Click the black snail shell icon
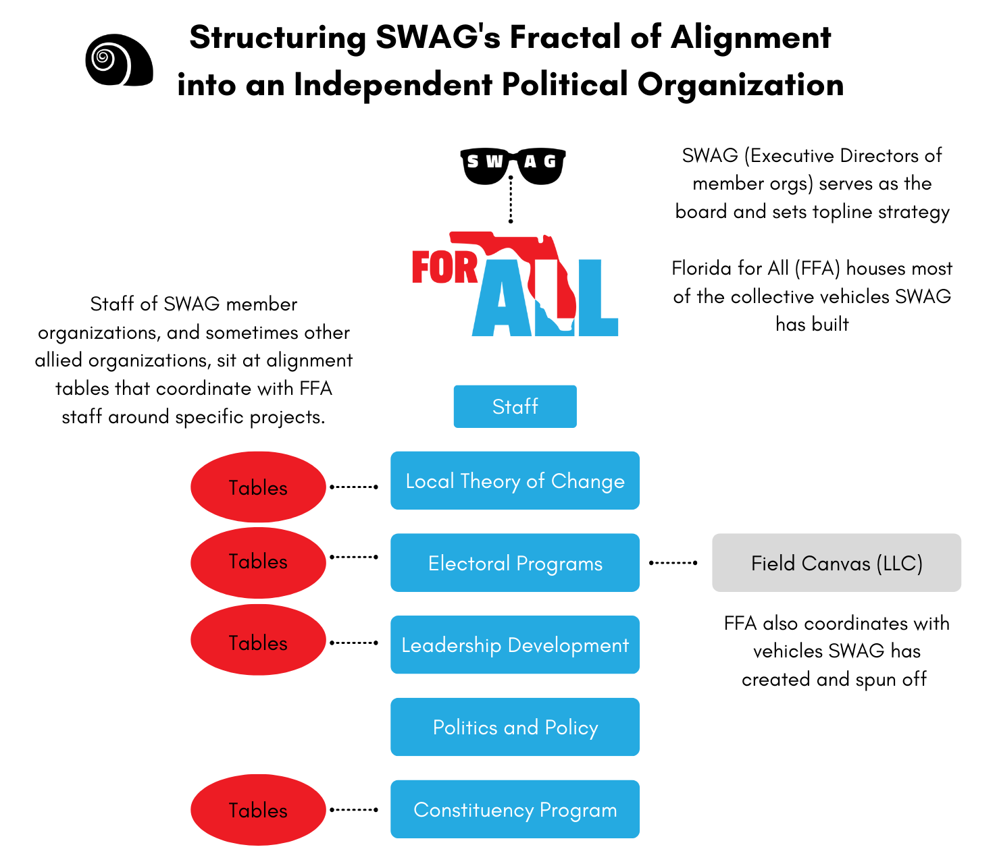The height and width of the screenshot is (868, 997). pos(119,61)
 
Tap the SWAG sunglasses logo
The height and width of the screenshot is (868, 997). pos(513,165)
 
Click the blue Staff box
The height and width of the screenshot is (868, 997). pos(515,406)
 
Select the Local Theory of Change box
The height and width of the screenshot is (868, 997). pos(515,481)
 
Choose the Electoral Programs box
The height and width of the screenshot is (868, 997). pos(515,563)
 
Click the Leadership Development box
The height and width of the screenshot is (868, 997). pos(515,645)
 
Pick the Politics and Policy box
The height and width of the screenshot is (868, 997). pos(515,727)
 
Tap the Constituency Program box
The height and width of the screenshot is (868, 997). pos(515,809)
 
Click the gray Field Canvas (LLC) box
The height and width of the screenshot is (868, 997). pos(836,563)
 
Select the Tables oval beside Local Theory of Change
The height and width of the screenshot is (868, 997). pos(258,487)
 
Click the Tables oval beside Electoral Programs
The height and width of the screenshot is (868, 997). pos(258,562)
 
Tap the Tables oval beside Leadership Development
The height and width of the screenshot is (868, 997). pos(258,643)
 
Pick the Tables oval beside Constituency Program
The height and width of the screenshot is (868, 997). pos(258,810)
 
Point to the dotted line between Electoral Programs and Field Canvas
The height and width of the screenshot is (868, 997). pos(673,563)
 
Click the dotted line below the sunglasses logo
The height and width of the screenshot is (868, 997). pos(511,200)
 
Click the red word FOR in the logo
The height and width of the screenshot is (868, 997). pos(444,267)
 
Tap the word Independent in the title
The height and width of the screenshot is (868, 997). pos(392,85)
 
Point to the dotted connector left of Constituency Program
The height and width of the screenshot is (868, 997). pos(353,809)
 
